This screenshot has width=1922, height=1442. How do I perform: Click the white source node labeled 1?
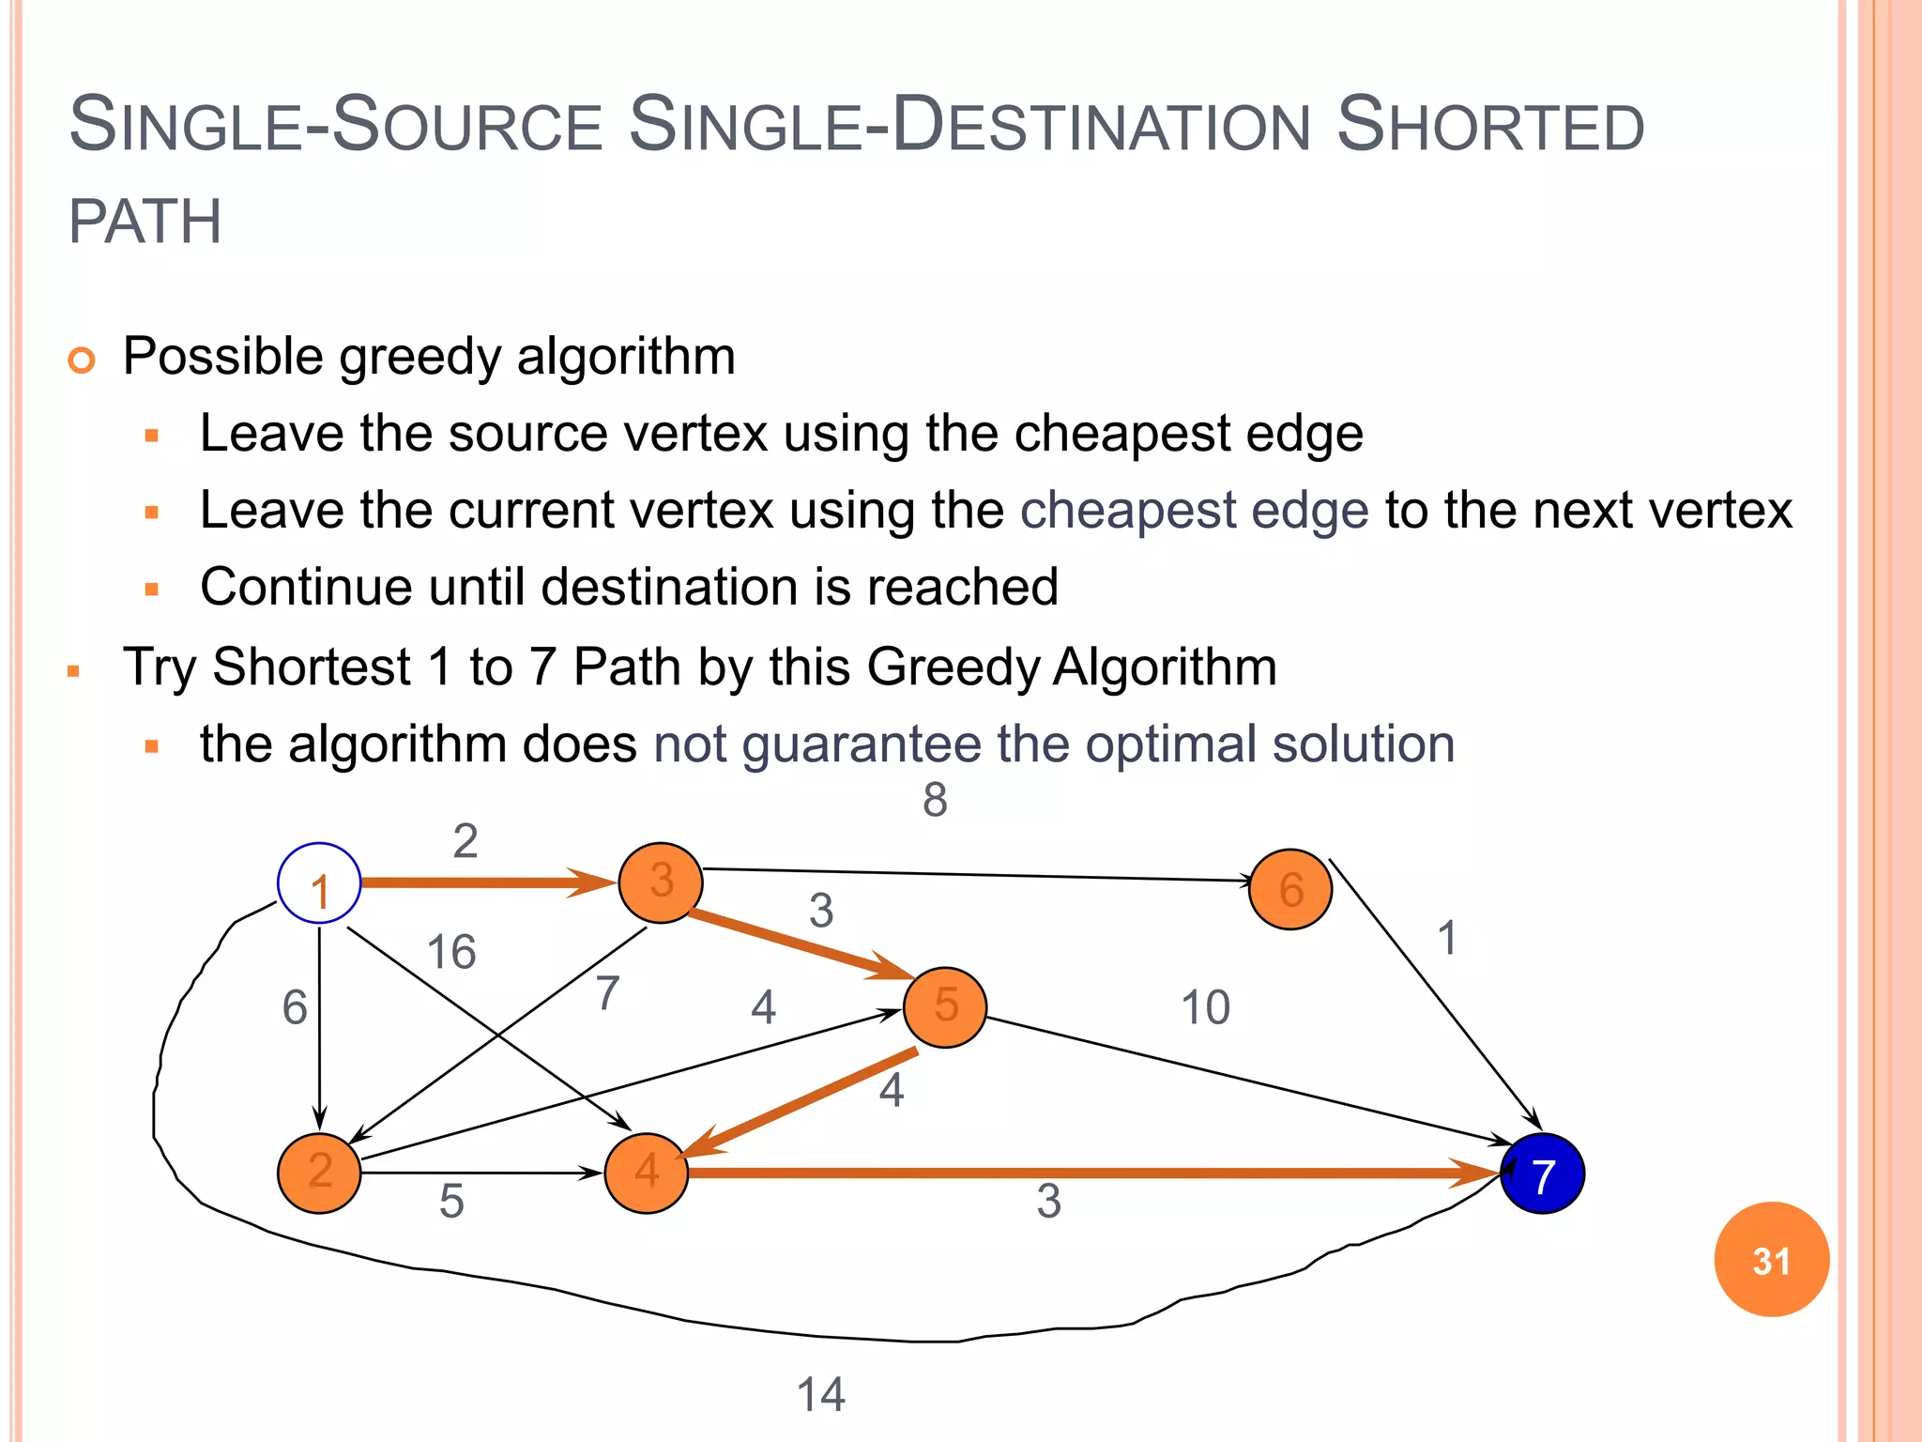(319, 883)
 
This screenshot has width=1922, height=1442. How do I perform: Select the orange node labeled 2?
(319, 1173)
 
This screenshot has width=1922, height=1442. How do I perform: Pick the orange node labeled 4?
(647, 1173)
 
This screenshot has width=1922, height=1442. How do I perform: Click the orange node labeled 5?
(945, 1006)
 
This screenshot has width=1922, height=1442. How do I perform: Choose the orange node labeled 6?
(1290, 889)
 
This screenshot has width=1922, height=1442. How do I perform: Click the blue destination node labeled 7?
(1543, 1174)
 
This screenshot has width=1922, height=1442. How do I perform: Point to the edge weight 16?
(451, 952)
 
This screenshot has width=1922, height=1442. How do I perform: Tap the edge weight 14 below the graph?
(820, 1394)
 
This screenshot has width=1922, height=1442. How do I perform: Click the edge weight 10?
(1205, 1007)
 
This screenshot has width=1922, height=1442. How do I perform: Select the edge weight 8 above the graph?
(935, 800)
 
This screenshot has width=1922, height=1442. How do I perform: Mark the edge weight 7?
(608, 992)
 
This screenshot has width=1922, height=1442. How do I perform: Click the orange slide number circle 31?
(1771, 1260)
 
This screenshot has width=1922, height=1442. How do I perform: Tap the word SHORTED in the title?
(1489, 127)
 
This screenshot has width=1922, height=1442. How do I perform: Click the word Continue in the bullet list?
(306, 588)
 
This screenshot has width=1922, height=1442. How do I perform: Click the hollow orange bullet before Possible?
(83, 360)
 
